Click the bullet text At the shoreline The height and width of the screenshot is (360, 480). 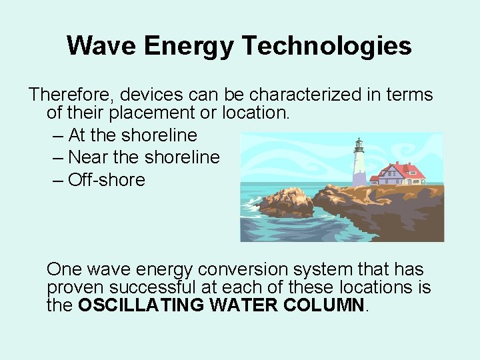point(132,135)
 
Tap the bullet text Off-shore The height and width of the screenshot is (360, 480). point(107,180)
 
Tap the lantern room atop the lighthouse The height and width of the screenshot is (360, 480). point(359,145)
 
